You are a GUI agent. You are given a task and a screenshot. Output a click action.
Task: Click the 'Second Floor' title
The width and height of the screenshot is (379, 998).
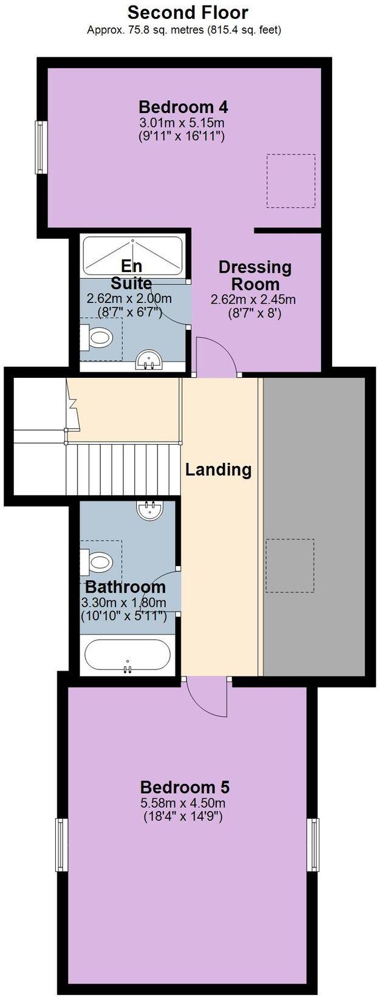coord(188,12)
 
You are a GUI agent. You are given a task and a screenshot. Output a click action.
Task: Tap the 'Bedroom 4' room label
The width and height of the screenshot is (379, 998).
coord(183,108)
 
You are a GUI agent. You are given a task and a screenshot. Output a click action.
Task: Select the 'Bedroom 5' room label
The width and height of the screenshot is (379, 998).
coord(185,787)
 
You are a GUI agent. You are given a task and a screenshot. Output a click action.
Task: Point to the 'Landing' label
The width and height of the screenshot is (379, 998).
coord(218,469)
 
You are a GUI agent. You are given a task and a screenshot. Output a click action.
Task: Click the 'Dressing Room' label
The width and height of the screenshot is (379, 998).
coord(254,275)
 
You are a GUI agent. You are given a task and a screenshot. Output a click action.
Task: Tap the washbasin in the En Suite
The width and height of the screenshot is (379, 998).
coord(149,360)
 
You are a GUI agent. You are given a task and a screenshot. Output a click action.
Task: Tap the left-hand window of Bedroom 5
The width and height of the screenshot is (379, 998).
coord(61,844)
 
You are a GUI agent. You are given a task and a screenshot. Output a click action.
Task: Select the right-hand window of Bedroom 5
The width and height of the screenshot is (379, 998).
coord(313,844)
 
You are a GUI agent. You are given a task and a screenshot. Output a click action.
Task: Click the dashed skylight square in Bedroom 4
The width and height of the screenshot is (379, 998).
coord(291,180)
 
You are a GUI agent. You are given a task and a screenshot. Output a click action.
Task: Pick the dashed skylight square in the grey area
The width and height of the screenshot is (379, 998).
coord(290,565)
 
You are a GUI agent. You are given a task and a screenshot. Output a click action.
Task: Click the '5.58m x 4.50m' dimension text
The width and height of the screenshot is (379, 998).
coord(184,803)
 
